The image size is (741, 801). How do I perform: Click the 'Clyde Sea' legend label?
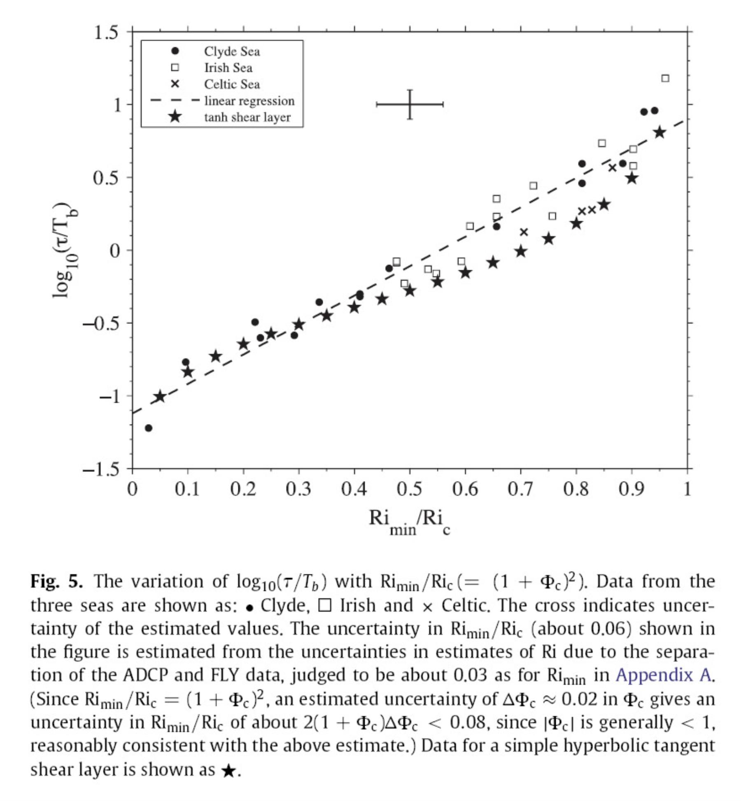pyautogui.click(x=232, y=51)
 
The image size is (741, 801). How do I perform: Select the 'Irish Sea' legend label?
pyautogui.click(x=228, y=68)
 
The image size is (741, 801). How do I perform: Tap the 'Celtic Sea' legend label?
pyautogui.click(x=232, y=84)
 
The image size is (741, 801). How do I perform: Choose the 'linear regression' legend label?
pyautogui.click(x=249, y=101)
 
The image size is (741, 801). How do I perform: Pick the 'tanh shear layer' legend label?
pyautogui.click(x=247, y=117)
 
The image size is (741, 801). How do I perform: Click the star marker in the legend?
pyautogui.click(x=175, y=117)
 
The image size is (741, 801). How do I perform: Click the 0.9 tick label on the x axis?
pyautogui.click(x=631, y=490)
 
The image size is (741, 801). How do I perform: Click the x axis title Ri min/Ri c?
pyautogui.click(x=410, y=522)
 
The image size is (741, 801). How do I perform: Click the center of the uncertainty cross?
pyautogui.click(x=410, y=104)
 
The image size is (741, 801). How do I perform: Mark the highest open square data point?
pyautogui.click(x=665, y=78)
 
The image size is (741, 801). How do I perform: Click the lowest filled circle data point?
pyautogui.click(x=149, y=428)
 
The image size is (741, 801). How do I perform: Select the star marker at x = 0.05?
pyautogui.click(x=160, y=397)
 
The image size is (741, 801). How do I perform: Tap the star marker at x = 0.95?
pyautogui.click(x=659, y=132)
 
